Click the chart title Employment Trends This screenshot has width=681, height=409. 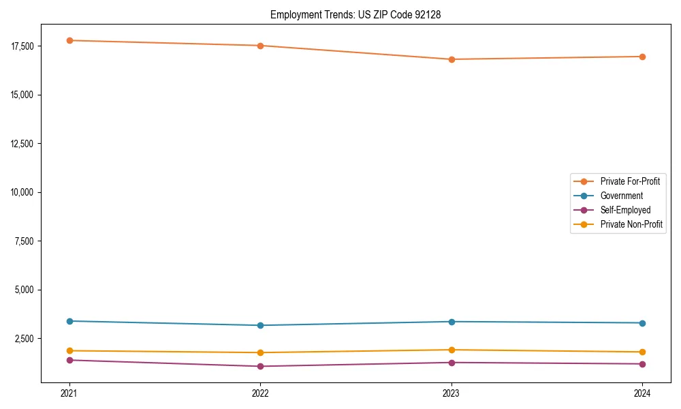[x=355, y=14]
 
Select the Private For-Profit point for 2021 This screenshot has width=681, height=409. [x=69, y=40]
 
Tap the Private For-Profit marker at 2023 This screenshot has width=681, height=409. [x=452, y=59]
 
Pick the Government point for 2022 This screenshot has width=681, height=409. [x=260, y=325]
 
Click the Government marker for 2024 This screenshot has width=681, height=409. [x=642, y=323]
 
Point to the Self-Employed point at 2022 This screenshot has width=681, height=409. [x=260, y=366]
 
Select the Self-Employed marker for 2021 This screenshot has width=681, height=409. [x=69, y=360]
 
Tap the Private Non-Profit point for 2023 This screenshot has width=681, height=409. [x=452, y=350]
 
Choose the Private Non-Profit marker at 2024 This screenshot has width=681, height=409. [x=642, y=352]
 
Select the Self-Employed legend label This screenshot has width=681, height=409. [x=625, y=210]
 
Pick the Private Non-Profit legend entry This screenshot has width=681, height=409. [x=631, y=224]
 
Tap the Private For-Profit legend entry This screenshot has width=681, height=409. [x=630, y=181]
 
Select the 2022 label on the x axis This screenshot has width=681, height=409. [x=260, y=393]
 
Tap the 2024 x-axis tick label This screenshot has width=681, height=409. [x=642, y=393]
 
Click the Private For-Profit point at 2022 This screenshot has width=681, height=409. [x=260, y=46]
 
